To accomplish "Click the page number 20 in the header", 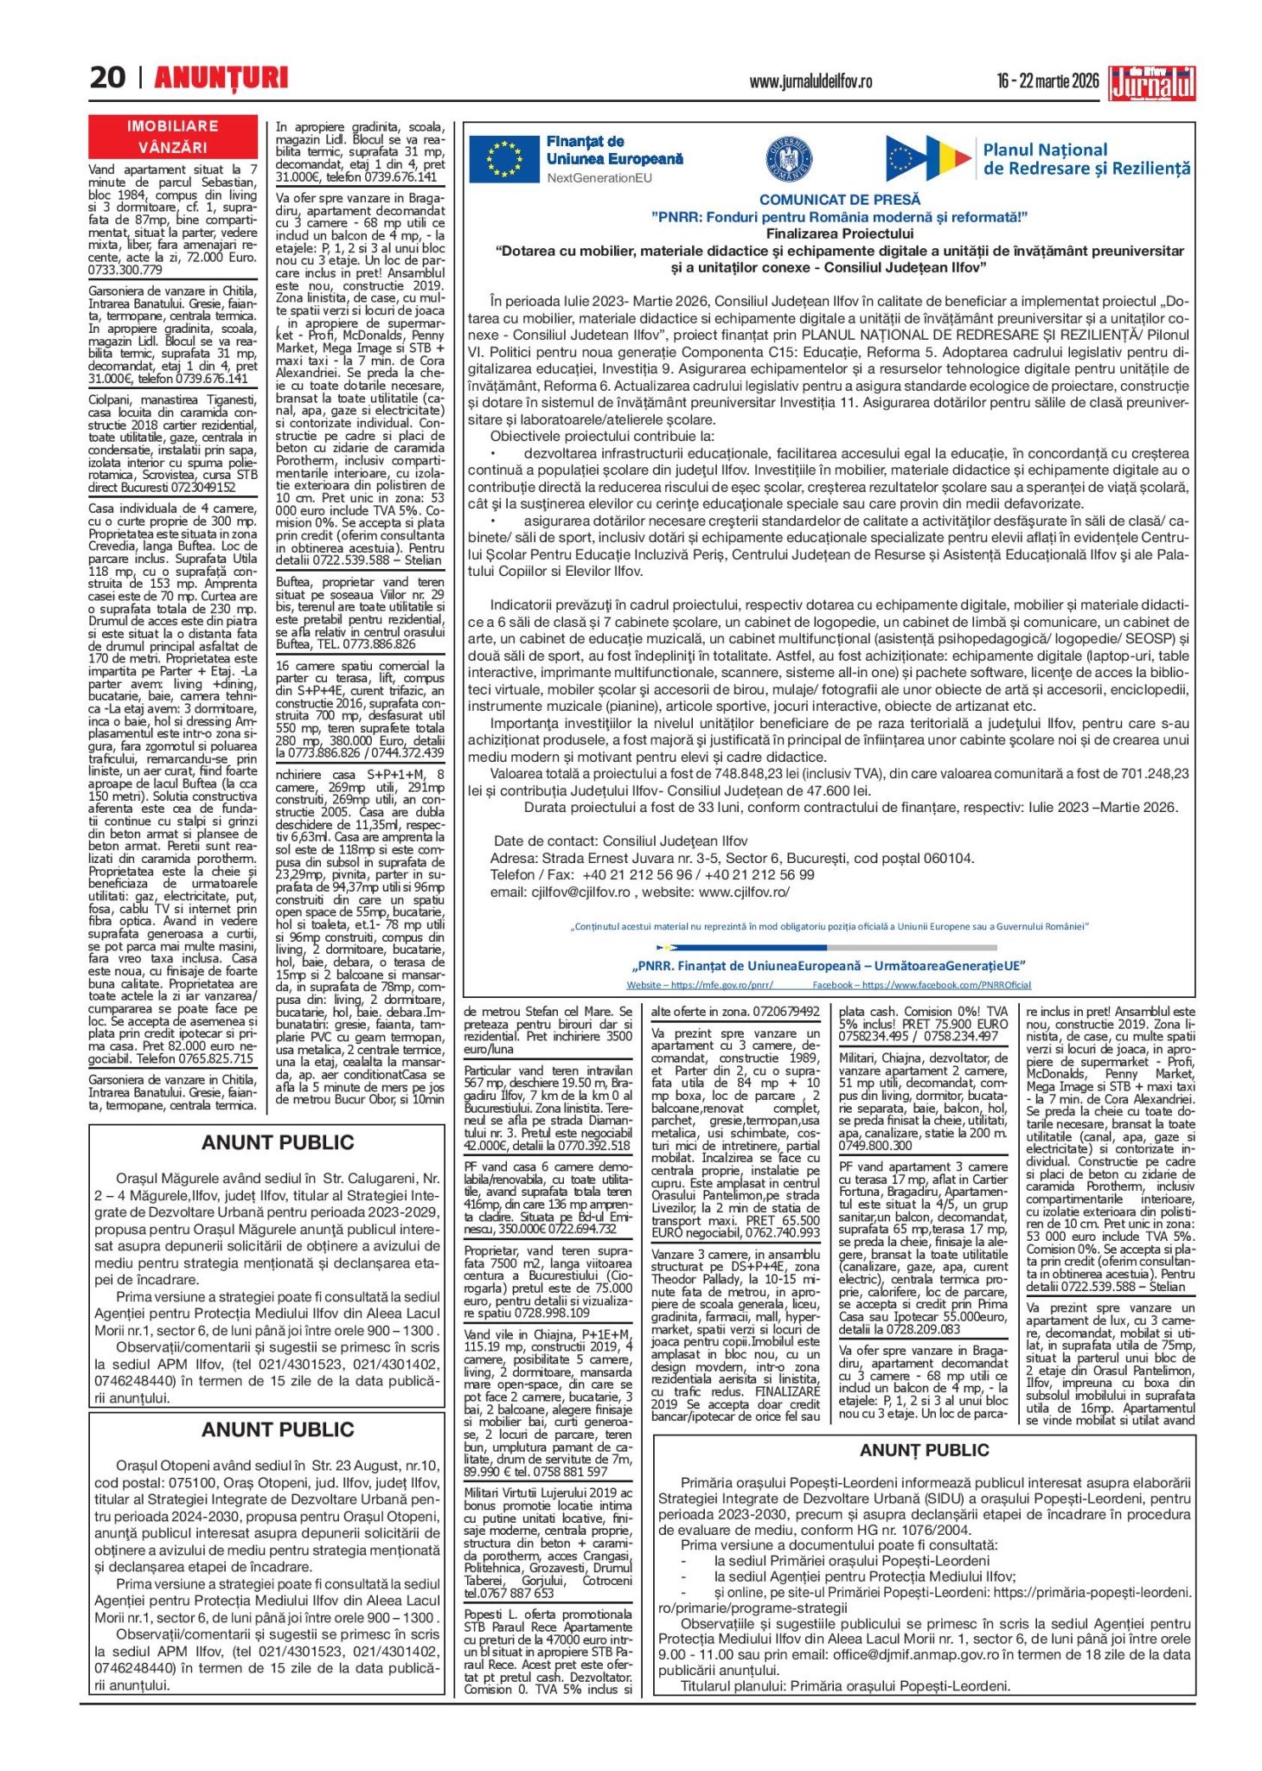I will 107,78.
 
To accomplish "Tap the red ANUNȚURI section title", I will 221,78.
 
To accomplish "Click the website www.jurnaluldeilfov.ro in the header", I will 810,82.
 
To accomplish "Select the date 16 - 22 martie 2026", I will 1047,81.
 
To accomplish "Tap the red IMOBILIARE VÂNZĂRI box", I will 173,137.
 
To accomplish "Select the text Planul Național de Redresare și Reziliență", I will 1086,159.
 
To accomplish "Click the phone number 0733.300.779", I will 125,270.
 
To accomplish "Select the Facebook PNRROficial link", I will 921,985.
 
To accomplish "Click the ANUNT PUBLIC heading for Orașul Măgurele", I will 278,1142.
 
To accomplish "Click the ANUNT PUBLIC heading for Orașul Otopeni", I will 278,1429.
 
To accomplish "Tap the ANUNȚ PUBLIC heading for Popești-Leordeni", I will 924,1450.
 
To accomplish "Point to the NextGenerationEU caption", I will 599,178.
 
